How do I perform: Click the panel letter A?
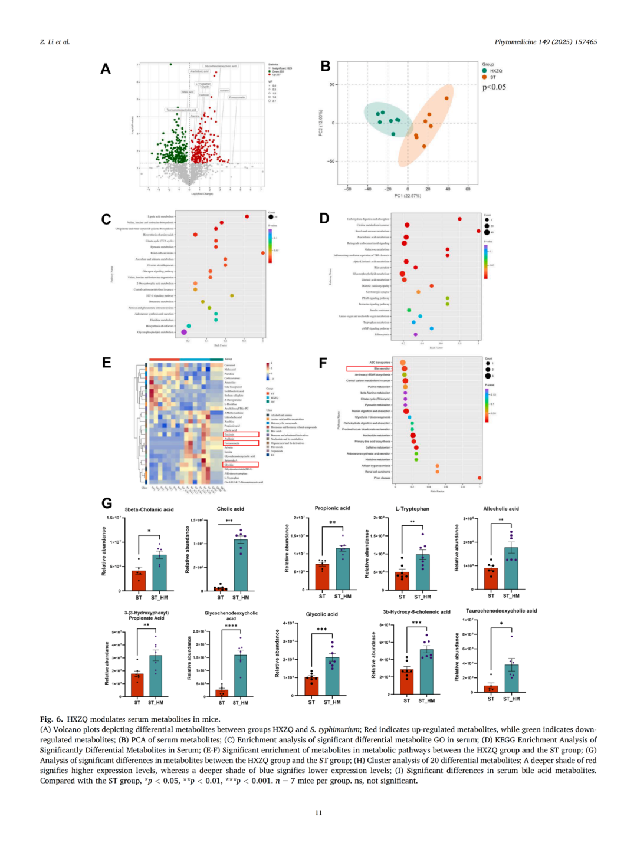coord(106,69)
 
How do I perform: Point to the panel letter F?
coord(323,363)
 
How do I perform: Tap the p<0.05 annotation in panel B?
coord(494,87)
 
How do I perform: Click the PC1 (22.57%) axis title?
coord(408,196)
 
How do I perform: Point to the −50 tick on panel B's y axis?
coord(331,161)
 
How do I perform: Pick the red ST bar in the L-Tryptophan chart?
coord(402,581)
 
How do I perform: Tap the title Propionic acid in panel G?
coord(332,508)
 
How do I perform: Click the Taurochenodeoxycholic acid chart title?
coord(501,611)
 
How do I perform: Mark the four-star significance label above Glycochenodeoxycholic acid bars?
coord(231,626)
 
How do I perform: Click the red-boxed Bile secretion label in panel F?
coord(369,368)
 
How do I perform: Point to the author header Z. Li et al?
coord(55,42)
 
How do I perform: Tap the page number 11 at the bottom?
coord(318,813)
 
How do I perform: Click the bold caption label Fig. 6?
coord(51,719)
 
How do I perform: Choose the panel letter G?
coord(107,503)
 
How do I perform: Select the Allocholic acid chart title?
coord(501,509)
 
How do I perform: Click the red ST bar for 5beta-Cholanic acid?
coord(139,580)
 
